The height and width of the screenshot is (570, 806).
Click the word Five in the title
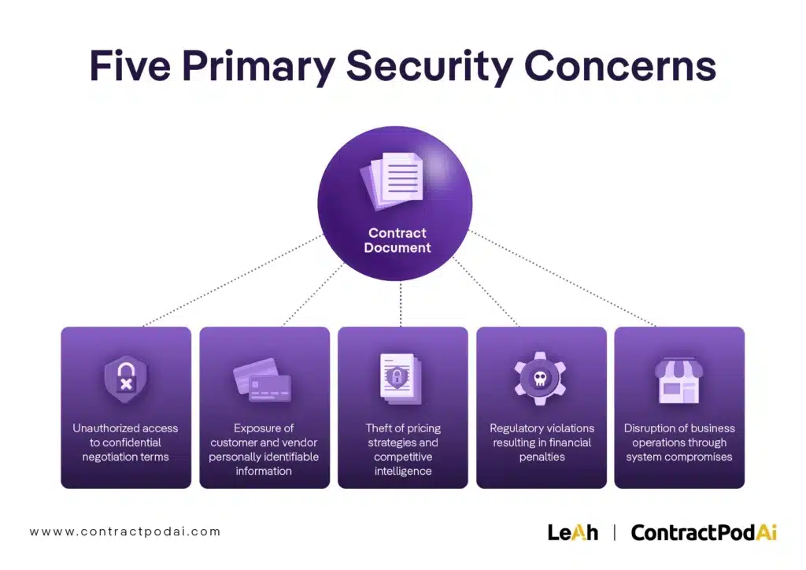pos(129,66)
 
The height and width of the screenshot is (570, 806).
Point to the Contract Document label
pos(397,240)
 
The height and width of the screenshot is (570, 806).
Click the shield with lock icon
pos(126,378)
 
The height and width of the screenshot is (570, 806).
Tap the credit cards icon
pos(263,379)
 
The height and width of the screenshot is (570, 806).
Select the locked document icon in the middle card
pos(401,376)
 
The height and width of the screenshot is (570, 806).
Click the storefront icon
pos(678,379)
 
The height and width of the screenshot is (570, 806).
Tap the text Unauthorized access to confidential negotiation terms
pos(126,442)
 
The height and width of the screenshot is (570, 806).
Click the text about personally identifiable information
pos(264,450)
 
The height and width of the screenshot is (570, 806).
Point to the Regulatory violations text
pos(542,442)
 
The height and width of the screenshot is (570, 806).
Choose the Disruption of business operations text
pos(679,442)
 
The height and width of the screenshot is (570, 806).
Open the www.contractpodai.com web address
pos(125,531)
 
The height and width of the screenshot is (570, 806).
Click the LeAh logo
pos(572,532)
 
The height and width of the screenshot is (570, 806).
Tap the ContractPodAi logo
pos(704,532)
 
